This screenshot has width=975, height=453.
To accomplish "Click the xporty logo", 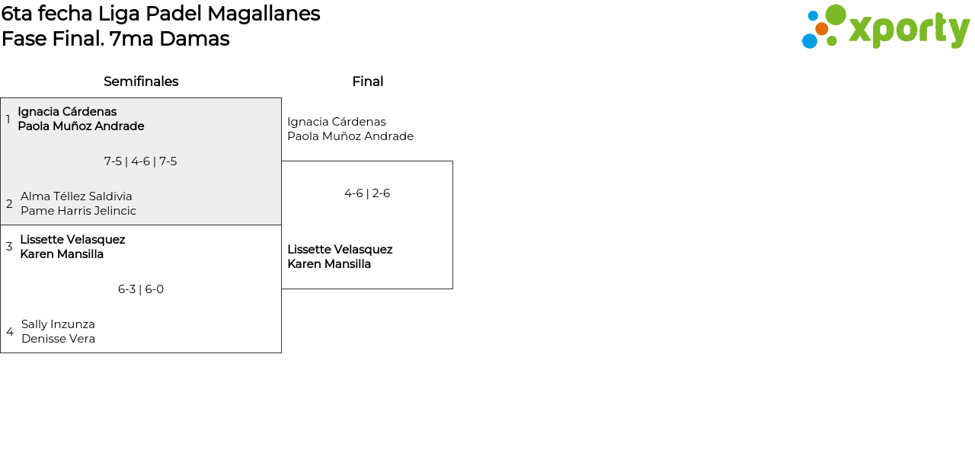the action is click(886, 27).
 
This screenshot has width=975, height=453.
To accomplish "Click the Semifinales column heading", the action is click(141, 81).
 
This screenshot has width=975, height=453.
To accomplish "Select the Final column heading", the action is click(368, 81).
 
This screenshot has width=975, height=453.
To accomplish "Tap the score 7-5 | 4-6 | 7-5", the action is click(141, 161).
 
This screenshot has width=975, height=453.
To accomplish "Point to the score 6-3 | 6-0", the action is click(141, 289).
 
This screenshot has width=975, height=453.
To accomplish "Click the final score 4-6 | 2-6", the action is click(367, 193).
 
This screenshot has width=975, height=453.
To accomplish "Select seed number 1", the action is click(8, 119).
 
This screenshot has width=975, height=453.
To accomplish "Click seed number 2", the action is click(9, 203).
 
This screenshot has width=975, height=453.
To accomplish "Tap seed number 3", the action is click(9, 247).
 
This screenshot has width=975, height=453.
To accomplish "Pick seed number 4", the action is click(10, 332).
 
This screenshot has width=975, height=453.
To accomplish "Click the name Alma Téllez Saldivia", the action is click(76, 196).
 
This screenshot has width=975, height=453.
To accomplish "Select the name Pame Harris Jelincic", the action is click(78, 211).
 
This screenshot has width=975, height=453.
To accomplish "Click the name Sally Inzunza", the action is click(59, 324).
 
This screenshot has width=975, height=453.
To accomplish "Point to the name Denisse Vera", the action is click(59, 339).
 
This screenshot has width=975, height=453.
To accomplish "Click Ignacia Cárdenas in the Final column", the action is click(337, 122).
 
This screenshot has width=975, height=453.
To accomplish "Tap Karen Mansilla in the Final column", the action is click(329, 264).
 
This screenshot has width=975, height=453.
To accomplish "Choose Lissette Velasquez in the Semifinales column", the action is click(72, 240).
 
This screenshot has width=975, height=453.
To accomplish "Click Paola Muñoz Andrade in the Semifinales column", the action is click(81, 126).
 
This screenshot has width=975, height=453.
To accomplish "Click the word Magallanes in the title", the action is click(264, 14).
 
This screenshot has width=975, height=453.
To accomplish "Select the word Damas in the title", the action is click(194, 39).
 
